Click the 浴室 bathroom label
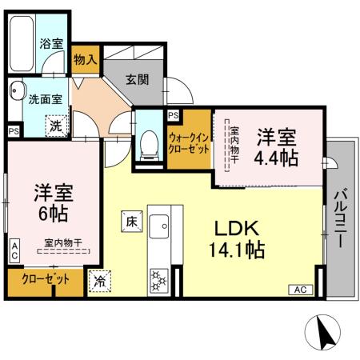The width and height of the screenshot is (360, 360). click(x=51, y=44)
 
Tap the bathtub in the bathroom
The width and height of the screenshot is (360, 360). click(x=22, y=42)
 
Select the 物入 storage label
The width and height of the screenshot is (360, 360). click(x=85, y=59)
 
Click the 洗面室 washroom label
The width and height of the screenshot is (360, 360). click(x=45, y=101)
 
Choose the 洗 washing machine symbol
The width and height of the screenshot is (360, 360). click(x=56, y=125)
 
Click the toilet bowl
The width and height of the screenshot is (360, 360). click(x=148, y=143)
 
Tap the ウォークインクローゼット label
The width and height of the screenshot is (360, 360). click(x=189, y=144)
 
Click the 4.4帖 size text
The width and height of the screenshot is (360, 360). click(x=276, y=158)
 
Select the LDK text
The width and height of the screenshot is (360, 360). click(x=234, y=228)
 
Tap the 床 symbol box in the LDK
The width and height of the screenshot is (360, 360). click(x=131, y=220)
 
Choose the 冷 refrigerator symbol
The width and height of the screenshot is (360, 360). click(x=100, y=282)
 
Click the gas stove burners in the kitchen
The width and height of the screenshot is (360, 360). click(x=158, y=280)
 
